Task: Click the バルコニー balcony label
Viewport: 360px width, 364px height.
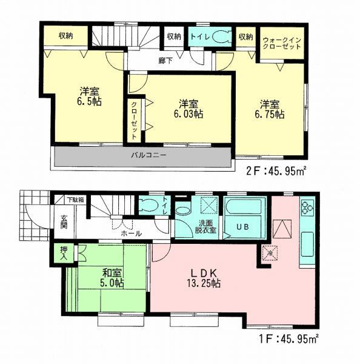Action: [x=149, y=155]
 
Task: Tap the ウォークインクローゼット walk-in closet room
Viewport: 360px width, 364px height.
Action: [x=282, y=43]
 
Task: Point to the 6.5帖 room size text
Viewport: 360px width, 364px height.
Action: [x=89, y=96]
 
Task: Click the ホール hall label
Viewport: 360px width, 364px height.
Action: [x=132, y=234]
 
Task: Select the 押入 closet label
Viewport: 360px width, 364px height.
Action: [x=64, y=252]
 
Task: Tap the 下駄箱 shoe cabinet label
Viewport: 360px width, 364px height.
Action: [x=75, y=199]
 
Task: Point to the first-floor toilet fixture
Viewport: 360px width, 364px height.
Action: [x=146, y=206]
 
